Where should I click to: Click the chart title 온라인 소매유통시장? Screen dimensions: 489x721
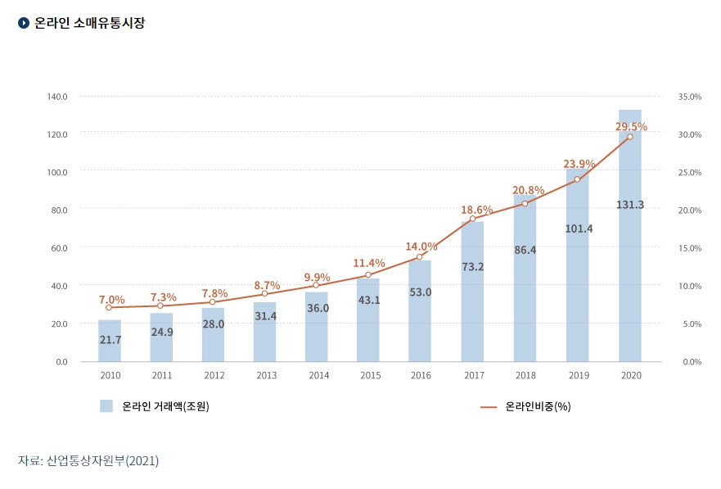[x=90, y=23]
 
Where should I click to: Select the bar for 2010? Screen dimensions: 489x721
[x=110, y=341]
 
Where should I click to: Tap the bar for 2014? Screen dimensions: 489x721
[x=317, y=328]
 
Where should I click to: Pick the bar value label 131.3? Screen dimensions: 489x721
[x=629, y=205]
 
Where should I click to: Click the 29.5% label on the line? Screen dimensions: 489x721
[x=631, y=127]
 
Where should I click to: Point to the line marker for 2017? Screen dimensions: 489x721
[x=472, y=219]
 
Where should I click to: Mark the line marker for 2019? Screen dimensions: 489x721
[x=577, y=179]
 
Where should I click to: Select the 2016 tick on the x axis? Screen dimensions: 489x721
[x=420, y=375]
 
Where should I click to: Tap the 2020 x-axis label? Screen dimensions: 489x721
[x=631, y=375]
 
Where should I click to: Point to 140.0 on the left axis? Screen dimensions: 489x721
[x=57, y=97]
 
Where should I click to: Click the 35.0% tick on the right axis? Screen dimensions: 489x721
[x=690, y=97]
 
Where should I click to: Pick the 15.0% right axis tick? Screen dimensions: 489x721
[x=690, y=247]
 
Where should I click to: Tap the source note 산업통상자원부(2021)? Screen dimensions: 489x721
[x=88, y=461]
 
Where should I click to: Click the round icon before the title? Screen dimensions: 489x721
[x=24, y=23]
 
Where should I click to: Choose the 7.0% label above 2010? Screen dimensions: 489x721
[x=111, y=300]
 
